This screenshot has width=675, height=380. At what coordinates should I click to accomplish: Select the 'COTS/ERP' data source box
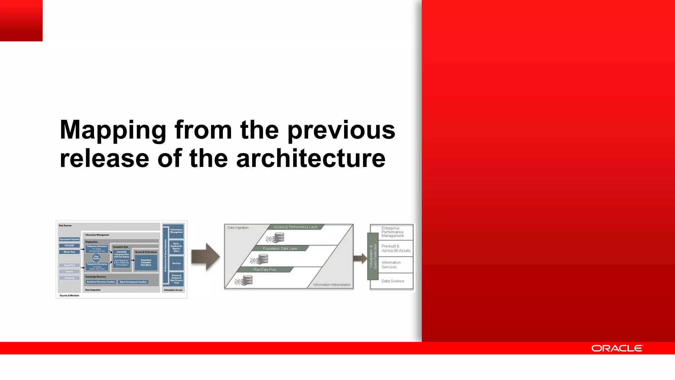[x=69, y=245]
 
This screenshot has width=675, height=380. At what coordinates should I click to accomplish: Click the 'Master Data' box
[x=69, y=252]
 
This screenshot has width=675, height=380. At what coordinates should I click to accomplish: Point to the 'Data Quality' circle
[x=96, y=257]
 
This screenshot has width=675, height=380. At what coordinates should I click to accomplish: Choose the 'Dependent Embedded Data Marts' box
[x=146, y=263]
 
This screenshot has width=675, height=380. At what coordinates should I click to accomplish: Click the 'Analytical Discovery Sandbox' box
[x=101, y=282]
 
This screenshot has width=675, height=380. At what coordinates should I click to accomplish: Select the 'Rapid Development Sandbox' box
[x=133, y=282]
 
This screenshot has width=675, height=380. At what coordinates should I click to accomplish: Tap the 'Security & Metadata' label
[x=69, y=296]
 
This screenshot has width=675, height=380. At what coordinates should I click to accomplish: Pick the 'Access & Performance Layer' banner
[x=295, y=227]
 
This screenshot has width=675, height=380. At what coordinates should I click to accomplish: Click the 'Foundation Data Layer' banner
[x=280, y=248]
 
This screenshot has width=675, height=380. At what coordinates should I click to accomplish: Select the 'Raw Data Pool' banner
[x=265, y=269]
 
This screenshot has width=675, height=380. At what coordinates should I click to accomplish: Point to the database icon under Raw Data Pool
[x=244, y=281]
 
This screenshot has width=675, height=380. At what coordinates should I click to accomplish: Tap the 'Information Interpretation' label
[x=332, y=285]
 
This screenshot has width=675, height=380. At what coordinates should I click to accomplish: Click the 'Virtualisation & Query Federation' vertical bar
[x=373, y=256]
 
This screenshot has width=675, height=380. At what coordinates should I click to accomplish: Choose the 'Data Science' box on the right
[x=393, y=281]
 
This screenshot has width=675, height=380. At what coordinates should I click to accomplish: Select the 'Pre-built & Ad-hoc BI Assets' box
[x=396, y=248]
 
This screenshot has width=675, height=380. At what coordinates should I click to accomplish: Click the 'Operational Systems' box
[x=69, y=239]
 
